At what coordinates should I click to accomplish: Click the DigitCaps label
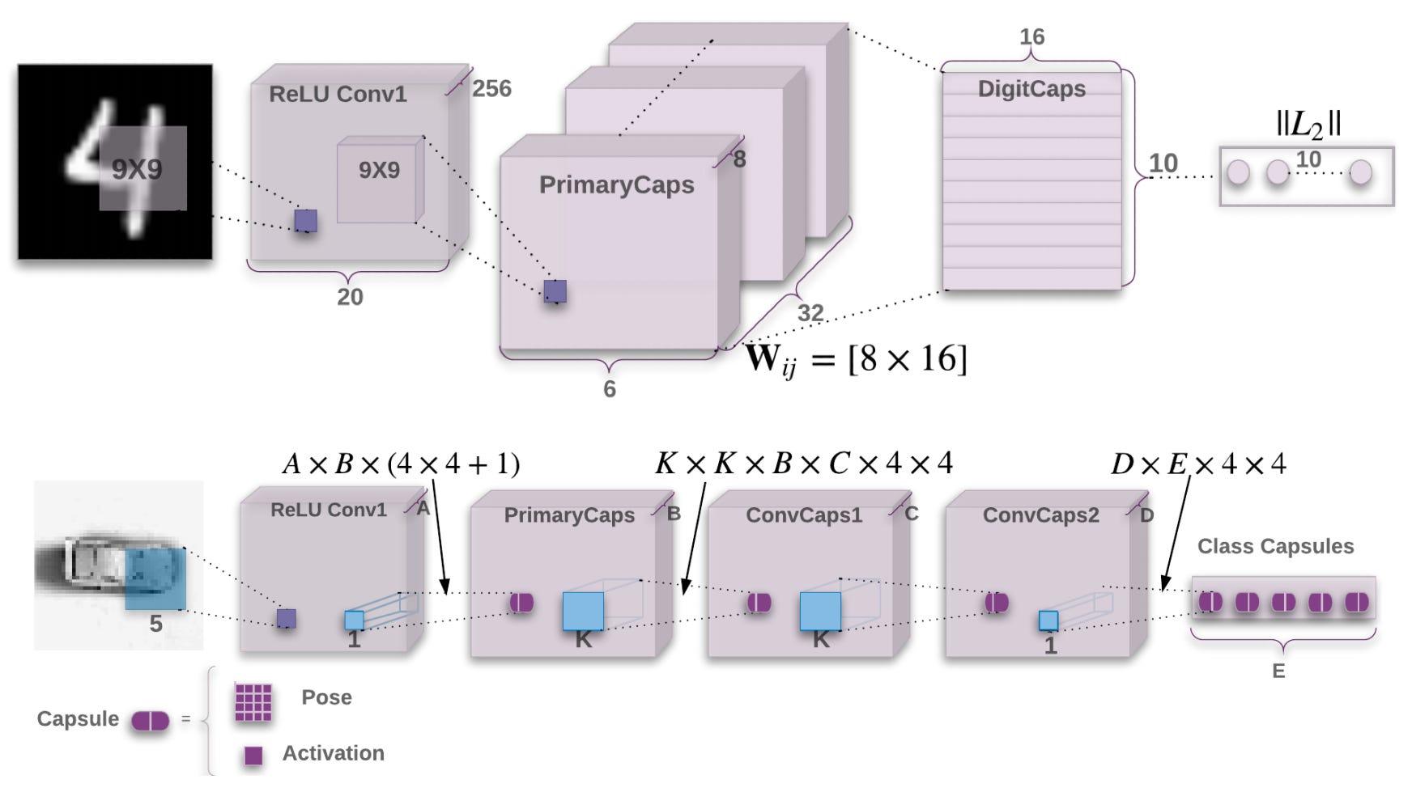[x=1031, y=88]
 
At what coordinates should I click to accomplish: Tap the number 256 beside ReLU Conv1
[x=491, y=88]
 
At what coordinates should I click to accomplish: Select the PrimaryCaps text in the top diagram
[x=616, y=184]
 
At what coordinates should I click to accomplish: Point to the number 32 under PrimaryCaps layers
[x=810, y=312]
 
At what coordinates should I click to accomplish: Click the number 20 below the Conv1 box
[x=350, y=297]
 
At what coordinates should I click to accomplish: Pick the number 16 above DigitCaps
[x=1031, y=36]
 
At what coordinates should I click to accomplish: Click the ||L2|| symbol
[x=1308, y=124]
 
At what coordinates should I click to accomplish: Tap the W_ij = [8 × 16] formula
[x=856, y=358]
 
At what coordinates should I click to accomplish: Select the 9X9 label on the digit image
[x=137, y=169]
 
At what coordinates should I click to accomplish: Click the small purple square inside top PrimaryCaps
[x=555, y=291]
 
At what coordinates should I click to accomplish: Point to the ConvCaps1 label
[x=803, y=515]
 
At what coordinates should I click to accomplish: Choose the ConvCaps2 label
[x=1040, y=515]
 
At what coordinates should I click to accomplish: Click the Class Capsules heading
[x=1275, y=546]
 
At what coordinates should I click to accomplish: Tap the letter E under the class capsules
[x=1278, y=671]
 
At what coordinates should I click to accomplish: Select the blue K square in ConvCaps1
[x=819, y=611]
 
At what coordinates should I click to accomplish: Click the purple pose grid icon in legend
[x=253, y=701]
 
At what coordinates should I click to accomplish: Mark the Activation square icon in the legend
[x=253, y=755]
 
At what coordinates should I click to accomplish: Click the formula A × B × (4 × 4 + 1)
[x=401, y=464]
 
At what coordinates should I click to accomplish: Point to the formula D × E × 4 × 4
[x=1198, y=464]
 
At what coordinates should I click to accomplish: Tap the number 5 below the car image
[x=155, y=624]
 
